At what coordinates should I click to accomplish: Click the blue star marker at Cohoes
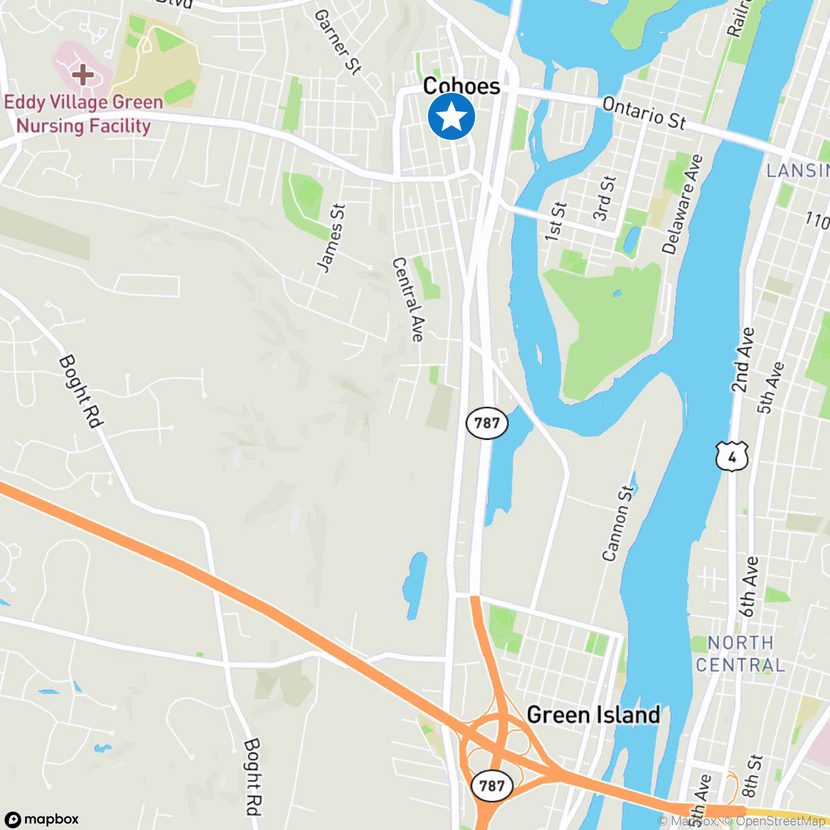point(451,116)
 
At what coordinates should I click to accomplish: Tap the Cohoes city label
point(461,86)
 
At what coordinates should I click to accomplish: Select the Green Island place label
point(593,714)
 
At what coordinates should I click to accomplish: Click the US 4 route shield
point(732,456)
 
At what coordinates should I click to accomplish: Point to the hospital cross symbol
point(83,74)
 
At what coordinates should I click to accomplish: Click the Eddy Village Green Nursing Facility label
point(84,114)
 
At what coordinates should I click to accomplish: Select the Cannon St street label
point(618,523)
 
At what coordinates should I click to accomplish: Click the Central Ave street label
point(408,299)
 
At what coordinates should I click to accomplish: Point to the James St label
point(331,237)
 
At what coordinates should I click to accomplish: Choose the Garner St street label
point(338,41)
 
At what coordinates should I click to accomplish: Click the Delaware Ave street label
point(682,204)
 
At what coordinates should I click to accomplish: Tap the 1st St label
point(555,221)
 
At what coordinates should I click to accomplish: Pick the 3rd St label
point(604,199)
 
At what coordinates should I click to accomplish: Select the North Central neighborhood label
point(740,654)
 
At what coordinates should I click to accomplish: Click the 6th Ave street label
point(748,587)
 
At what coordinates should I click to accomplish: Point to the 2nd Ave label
point(743,360)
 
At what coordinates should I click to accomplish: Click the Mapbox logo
point(43,819)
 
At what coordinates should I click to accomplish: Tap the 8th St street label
point(752,775)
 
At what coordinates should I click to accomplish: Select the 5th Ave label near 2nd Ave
point(771,387)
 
